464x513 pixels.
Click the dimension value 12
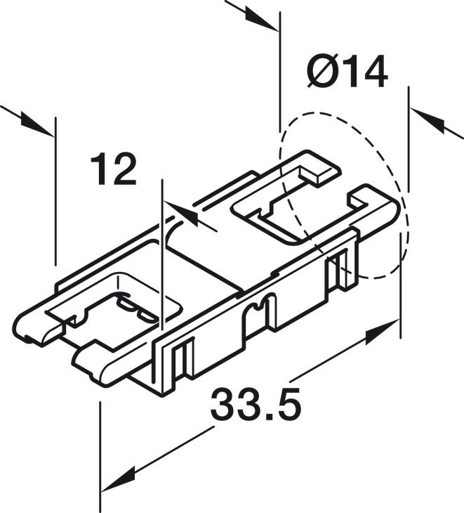pyautogui.click(x=113, y=170)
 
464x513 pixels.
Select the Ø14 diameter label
pyautogui.click(x=347, y=72)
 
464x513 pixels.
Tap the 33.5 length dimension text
pyautogui.click(x=256, y=406)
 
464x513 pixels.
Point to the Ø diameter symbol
pyautogui.click(x=322, y=72)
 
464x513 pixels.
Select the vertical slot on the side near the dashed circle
pyautogui.click(x=342, y=266)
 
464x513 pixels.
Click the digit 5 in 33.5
pyautogui.click(x=287, y=406)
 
